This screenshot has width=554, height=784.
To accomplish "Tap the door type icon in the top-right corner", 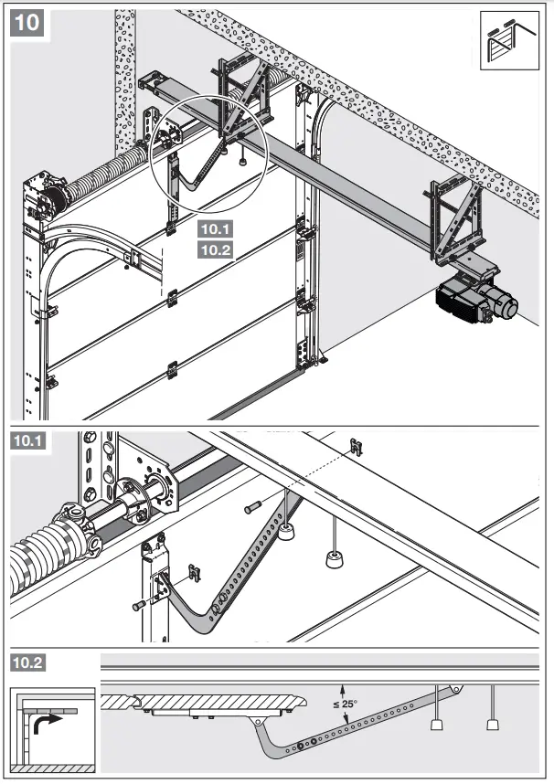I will point(510,42).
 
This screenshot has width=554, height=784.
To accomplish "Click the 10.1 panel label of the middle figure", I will point(27,441).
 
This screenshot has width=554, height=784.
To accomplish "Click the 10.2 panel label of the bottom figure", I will point(27,661).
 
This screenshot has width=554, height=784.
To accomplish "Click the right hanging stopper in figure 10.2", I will point(493,725).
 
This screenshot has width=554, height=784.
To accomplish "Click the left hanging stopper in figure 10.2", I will point(436,725).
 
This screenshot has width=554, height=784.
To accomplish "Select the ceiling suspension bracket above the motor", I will point(453,220).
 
